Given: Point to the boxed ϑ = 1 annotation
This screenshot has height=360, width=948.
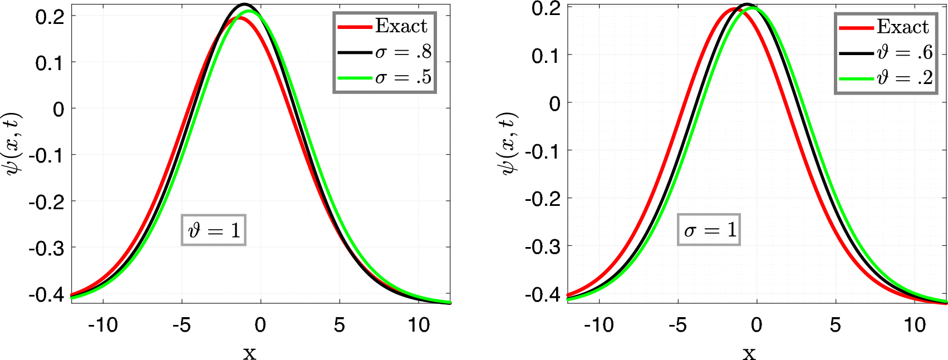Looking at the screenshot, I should tap(214, 230).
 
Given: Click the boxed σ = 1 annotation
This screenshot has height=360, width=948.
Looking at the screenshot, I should tap(709, 230).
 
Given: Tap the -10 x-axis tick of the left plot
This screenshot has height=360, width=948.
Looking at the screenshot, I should tap(103, 325).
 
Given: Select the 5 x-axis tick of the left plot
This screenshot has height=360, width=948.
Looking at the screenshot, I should tap(340, 325).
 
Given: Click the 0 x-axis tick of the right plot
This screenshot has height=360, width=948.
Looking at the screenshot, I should tap(756, 325).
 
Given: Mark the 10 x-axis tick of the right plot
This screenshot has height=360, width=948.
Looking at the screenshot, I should tap(915, 325).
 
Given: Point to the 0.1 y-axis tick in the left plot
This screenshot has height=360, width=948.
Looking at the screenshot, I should tap(49, 63).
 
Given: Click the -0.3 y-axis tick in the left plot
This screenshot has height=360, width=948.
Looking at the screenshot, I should tap(46, 248).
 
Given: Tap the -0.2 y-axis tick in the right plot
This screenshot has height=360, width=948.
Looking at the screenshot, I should tap(543, 199).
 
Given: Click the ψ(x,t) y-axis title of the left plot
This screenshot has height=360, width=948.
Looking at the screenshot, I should tap(12, 144).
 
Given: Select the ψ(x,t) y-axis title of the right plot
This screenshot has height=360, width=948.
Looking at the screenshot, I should tap(508, 144).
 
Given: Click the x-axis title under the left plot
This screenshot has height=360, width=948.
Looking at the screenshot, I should tap(249, 353).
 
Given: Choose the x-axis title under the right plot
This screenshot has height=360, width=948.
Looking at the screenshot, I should tap(749, 353).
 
